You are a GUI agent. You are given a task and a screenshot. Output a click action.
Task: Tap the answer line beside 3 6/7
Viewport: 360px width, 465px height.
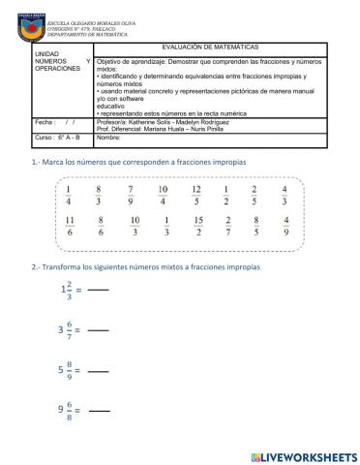[x=98, y=330]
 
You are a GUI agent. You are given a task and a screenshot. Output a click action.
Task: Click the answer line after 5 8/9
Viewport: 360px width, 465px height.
[x=98, y=372]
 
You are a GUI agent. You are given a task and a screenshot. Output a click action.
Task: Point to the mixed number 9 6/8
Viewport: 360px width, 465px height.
[x=67, y=411]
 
